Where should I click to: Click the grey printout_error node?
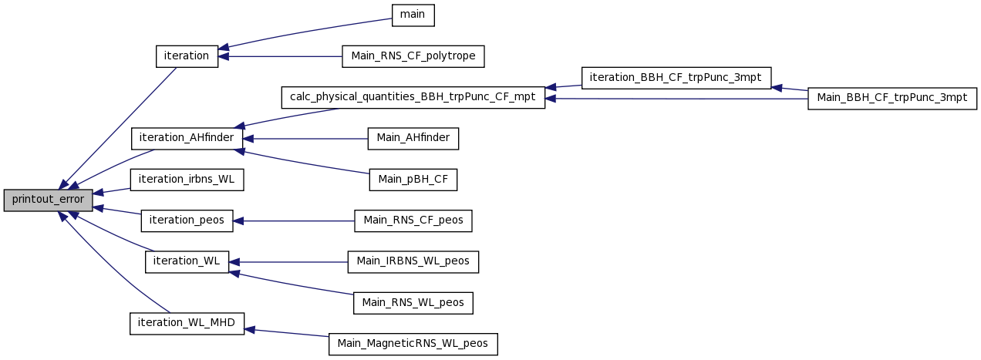coord(48,200)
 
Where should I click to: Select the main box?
coord(413,15)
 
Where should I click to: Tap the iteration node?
coord(187,56)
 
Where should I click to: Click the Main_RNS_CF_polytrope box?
coord(413,56)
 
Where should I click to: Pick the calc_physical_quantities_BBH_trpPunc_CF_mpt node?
coord(413,97)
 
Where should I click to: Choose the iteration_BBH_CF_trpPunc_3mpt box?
coord(676,78)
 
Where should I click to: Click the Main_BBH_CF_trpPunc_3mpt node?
coord(892,99)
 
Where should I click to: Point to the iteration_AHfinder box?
coord(187,139)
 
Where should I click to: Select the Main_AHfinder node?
coord(413,139)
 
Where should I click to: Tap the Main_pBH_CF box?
coord(413,180)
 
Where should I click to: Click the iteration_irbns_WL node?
coord(187,180)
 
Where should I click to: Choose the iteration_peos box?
coord(187,220)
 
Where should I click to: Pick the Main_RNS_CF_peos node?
coord(413,220)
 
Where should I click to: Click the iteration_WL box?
coord(187,262)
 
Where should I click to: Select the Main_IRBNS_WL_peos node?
coord(413,262)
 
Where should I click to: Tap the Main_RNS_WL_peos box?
coord(413,303)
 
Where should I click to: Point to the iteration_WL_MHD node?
coord(187,324)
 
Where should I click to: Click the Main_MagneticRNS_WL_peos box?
coord(413,345)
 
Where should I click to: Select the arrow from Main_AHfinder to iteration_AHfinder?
coord(305,139)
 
